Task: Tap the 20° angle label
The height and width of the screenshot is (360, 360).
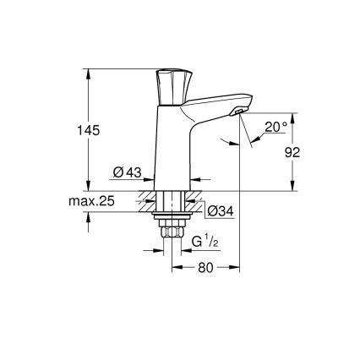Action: point(274,127)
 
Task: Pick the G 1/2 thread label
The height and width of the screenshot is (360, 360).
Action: point(203,243)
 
